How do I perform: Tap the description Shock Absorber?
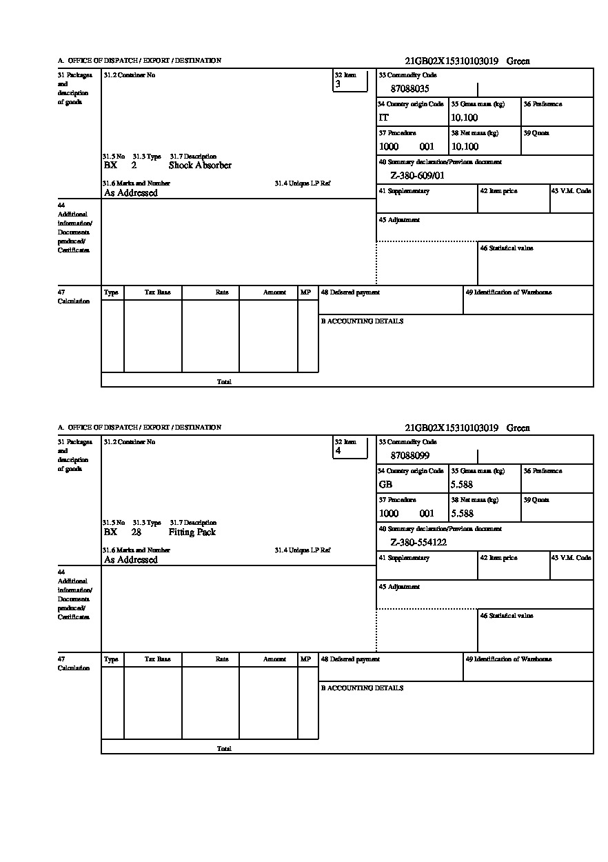[x=200, y=166]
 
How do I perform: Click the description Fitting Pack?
[x=192, y=532]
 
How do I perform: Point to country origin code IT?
[x=384, y=118]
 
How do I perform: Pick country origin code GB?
[x=385, y=485]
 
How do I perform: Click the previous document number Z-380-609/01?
[x=418, y=176]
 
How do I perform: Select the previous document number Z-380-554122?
[x=418, y=543]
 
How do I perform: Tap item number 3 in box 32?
[x=338, y=84]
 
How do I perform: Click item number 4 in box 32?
[x=338, y=451]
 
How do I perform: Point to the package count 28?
[x=136, y=532]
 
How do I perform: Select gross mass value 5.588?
[x=463, y=485]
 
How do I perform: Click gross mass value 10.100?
[x=465, y=118]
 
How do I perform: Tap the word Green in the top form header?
[x=518, y=61]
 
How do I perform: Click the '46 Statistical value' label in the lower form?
[x=507, y=616]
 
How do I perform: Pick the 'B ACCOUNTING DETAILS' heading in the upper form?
[x=362, y=321]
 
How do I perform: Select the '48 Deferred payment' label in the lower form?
[x=350, y=659]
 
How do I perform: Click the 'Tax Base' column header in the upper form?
[x=157, y=292]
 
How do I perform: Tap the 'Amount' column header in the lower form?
[x=274, y=659]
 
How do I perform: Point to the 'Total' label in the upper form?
[x=224, y=381]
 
